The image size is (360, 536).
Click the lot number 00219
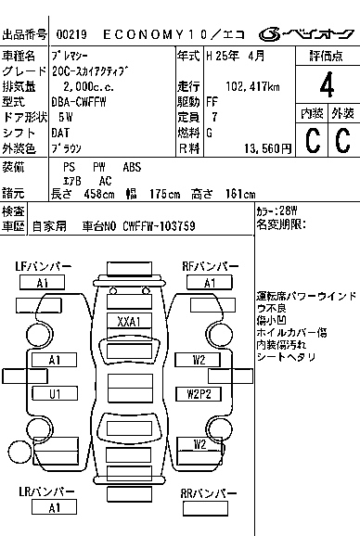71,34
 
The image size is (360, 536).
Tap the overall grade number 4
327,84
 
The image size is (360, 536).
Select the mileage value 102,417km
252,86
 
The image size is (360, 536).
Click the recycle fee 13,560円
268,148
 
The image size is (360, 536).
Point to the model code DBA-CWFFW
79,102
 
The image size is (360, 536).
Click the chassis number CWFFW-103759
159,226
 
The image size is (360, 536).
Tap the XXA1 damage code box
129,322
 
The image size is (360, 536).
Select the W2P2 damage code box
199,394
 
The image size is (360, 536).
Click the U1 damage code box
55,393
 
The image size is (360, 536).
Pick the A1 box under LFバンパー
42,283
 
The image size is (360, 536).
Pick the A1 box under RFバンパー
210,283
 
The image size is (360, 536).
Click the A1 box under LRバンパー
54,507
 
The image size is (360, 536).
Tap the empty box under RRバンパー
205,508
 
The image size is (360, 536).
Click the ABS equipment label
132,167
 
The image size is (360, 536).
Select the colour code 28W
288,211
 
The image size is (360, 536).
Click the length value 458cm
99,194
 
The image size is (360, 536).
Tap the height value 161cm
240,194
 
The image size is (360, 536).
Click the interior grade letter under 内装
313,140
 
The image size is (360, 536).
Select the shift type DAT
60,133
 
